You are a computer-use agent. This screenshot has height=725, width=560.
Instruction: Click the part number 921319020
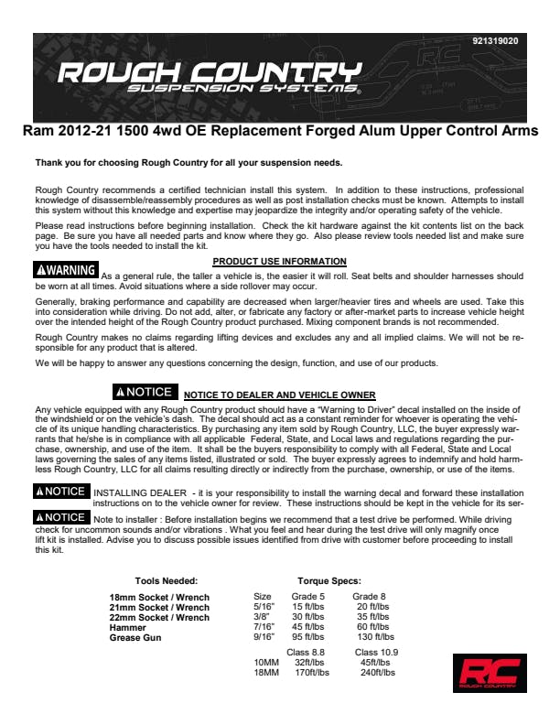(495, 41)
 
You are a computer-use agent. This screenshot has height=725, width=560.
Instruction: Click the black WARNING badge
(66, 271)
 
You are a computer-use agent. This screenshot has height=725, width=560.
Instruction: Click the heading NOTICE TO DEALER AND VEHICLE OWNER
(280, 395)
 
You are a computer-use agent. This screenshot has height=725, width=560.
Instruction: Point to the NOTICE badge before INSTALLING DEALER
(60, 492)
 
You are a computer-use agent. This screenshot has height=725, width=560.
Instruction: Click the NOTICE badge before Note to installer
(60, 517)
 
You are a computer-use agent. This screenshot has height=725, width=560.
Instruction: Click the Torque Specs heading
(328, 580)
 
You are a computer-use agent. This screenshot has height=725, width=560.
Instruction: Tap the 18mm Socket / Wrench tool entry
(159, 598)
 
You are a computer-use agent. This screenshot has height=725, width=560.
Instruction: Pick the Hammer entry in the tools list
(128, 627)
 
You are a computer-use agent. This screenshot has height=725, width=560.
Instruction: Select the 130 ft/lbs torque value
(375, 636)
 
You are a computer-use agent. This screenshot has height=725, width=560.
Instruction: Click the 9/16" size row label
(263, 636)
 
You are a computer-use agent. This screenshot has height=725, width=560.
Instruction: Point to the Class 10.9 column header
(376, 653)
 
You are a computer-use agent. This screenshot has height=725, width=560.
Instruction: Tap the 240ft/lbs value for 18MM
(378, 673)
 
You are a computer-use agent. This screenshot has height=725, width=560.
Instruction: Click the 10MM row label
(266, 663)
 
